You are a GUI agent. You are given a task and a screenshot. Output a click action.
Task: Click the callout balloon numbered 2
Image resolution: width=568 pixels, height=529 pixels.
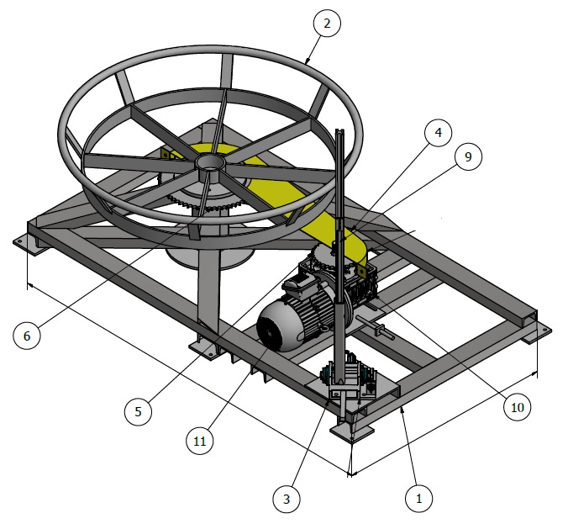click(327, 23)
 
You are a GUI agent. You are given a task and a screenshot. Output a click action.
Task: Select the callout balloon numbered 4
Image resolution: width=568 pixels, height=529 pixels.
click(438, 133)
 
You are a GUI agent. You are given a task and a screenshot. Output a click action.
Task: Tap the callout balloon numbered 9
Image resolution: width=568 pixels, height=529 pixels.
click(468, 157)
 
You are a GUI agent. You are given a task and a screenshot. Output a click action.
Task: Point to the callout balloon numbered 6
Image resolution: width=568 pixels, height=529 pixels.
click(26, 336)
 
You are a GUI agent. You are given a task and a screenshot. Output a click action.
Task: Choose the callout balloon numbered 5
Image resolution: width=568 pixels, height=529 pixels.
click(138, 411)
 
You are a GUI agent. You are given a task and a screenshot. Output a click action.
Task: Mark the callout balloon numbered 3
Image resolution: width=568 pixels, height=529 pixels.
click(287, 499)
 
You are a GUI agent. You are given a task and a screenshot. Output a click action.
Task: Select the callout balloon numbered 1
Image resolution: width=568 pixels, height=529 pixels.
click(418, 498)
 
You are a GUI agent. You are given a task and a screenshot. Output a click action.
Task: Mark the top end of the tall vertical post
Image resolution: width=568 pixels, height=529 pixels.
click(339, 133)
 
